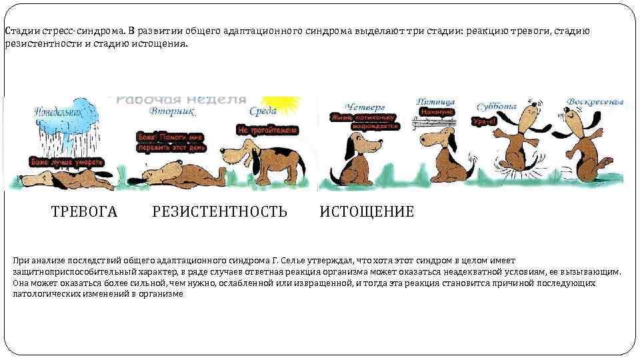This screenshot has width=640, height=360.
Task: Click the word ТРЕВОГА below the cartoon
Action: [84, 212]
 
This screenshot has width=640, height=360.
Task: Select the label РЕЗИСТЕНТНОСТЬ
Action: [219, 212]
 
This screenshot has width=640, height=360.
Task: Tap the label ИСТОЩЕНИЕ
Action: [367, 212]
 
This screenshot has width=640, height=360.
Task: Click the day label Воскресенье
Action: [595, 102]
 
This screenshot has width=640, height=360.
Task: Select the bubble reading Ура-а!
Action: [483, 121]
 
